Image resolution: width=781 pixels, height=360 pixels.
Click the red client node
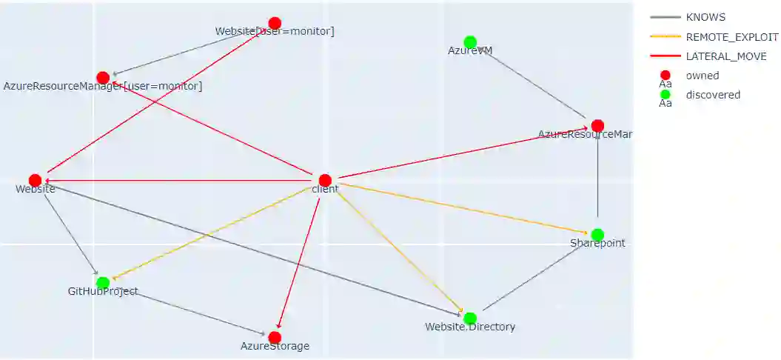325,180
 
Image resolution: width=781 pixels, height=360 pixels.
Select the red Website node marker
35,180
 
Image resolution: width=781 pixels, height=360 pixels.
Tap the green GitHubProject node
103,282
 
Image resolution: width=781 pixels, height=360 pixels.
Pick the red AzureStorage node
275,337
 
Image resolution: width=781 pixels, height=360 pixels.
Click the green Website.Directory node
470,319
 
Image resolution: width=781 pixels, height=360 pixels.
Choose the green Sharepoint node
597,235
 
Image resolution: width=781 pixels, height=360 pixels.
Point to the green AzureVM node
470,42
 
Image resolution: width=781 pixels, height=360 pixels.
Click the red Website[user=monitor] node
275,23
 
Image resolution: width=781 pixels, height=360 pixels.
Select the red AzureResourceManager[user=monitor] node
103,78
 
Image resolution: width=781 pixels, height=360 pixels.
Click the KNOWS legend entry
705,17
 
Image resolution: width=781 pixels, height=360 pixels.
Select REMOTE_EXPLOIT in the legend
731,36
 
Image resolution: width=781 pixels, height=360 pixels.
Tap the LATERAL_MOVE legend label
725,56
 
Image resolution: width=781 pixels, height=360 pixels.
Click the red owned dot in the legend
665,75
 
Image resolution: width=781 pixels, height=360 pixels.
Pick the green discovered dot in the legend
665,94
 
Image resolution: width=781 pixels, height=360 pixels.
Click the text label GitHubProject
103,291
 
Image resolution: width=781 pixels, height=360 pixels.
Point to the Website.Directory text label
470,327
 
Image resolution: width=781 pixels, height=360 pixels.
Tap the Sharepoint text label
597,243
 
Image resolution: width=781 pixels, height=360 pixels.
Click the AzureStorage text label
275,346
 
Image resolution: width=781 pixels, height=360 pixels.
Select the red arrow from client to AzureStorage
300,259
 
